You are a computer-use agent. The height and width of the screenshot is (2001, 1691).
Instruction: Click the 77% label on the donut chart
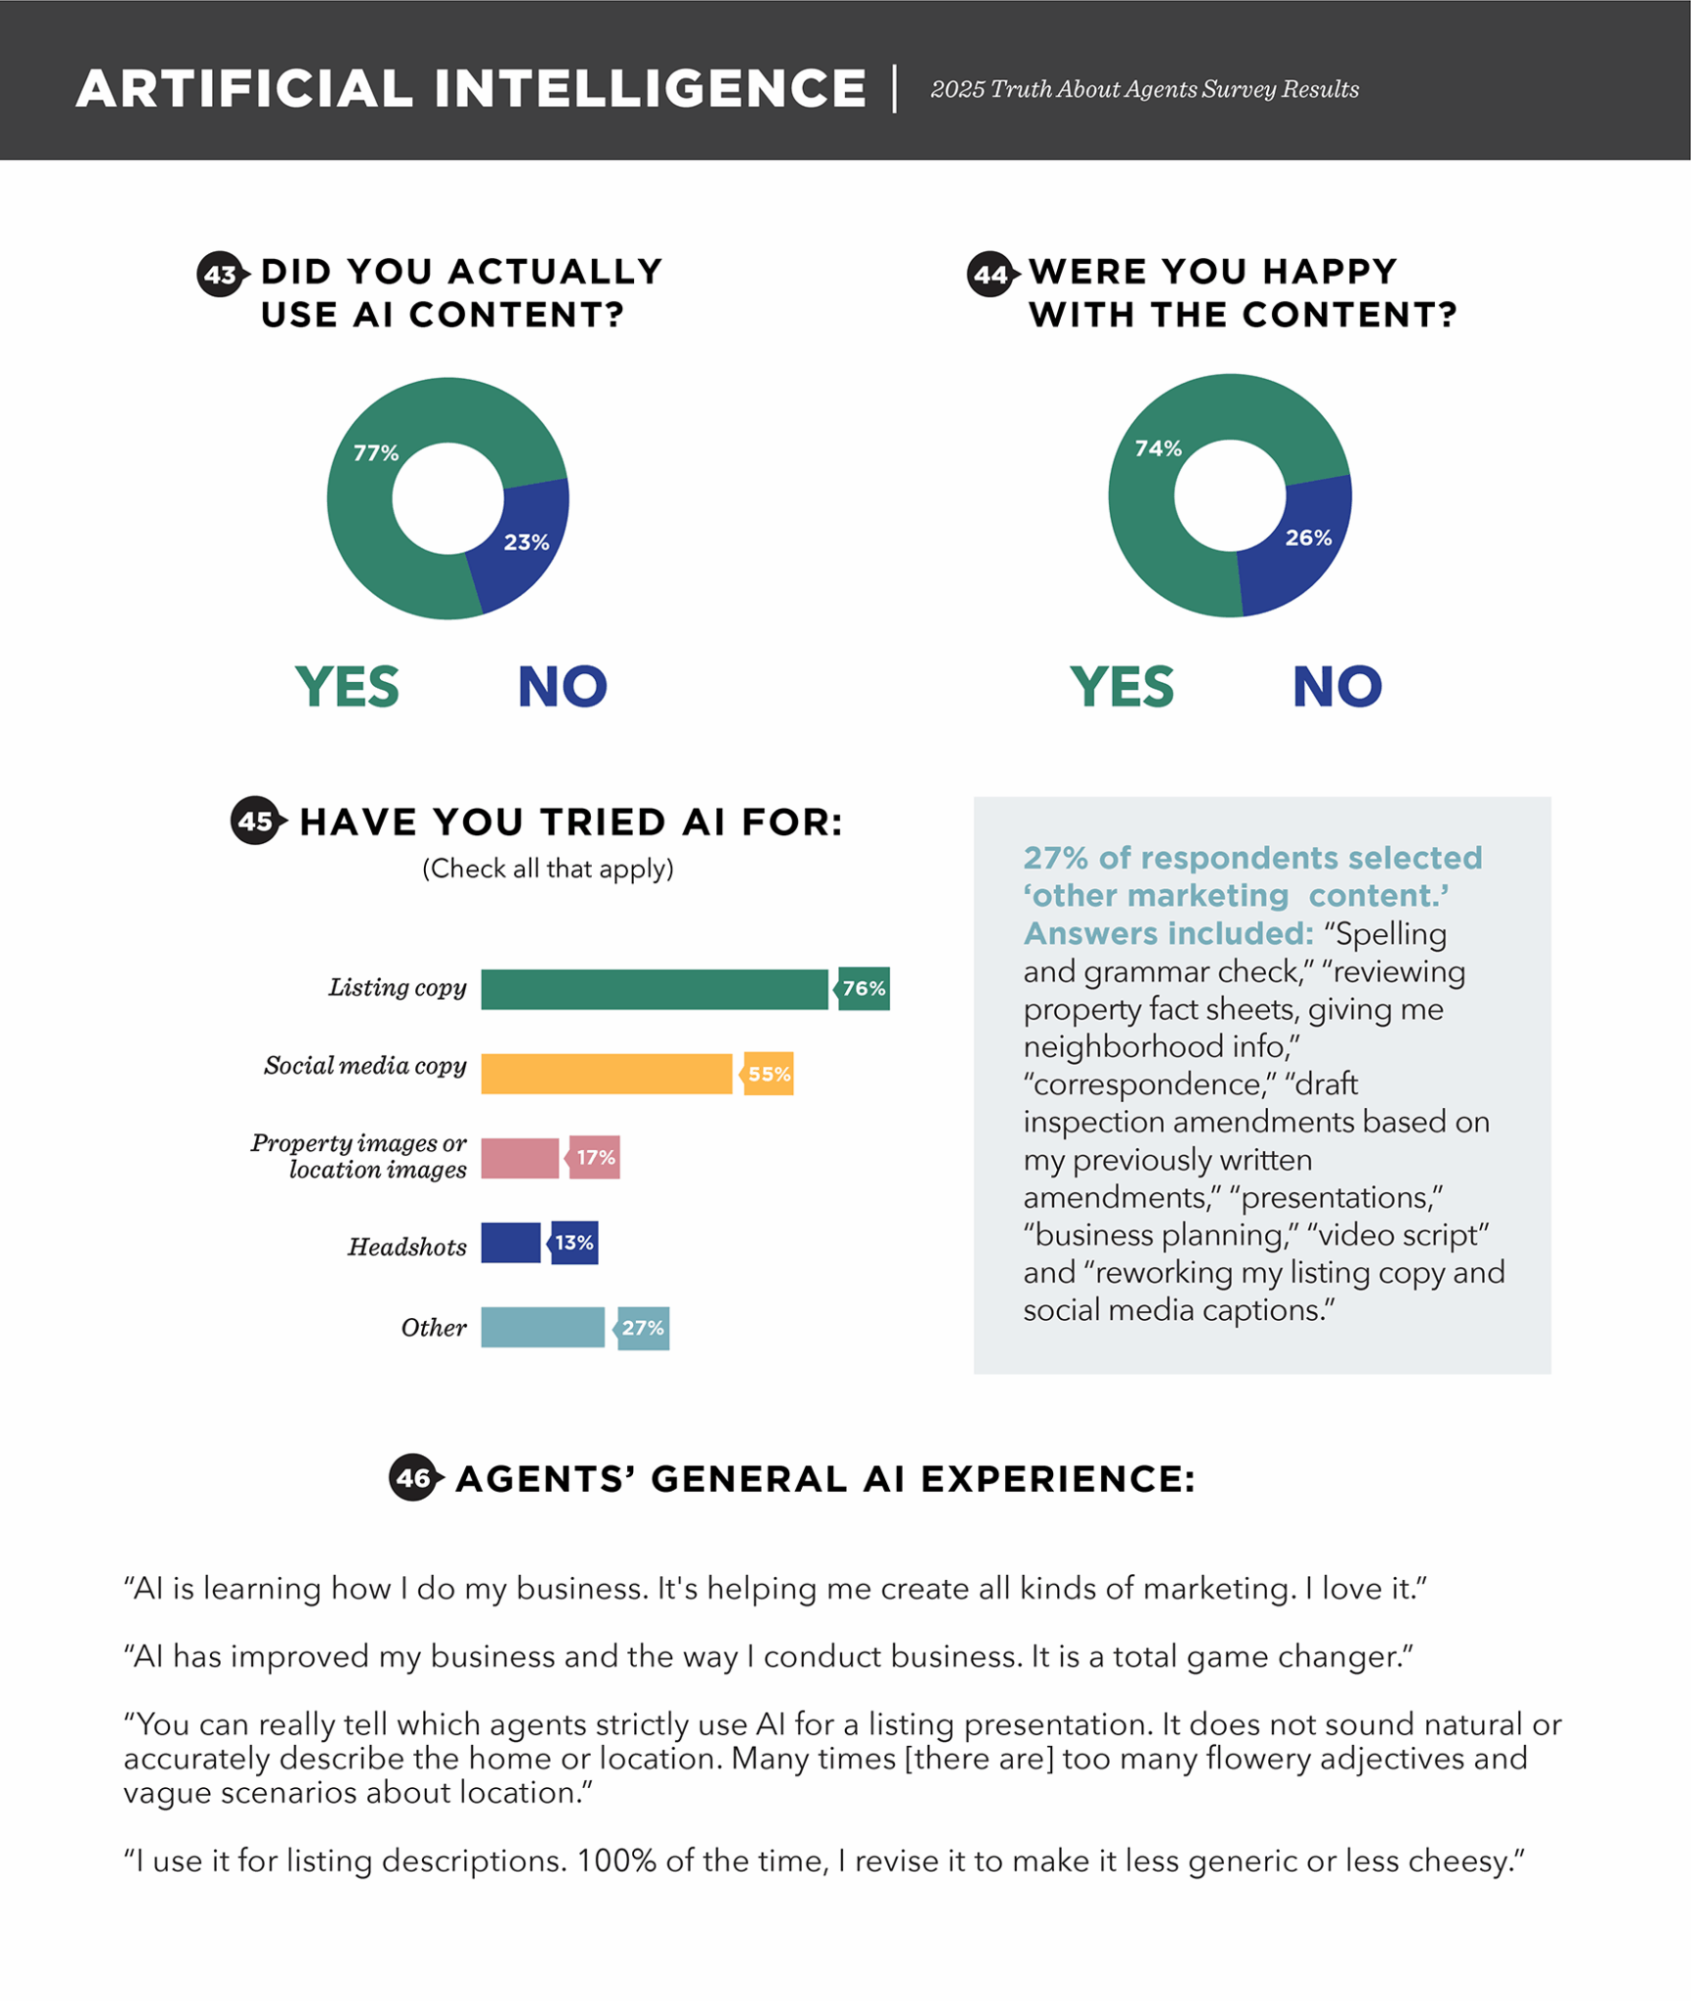click(x=376, y=453)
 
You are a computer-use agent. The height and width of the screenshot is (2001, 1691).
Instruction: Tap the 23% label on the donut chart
click(x=527, y=542)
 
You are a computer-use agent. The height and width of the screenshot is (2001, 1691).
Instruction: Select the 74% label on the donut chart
click(x=1158, y=448)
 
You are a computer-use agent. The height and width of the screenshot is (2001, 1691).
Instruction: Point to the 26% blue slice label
click(x=1308, y=538)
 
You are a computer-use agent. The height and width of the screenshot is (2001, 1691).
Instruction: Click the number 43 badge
click(x=221, y=275)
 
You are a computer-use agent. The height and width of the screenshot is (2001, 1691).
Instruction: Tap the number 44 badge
click(x=991, y=275)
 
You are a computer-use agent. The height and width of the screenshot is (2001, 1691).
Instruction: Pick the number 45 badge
click(x=256, y=821)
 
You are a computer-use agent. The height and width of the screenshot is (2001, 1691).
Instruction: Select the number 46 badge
click(x=413, y=1477)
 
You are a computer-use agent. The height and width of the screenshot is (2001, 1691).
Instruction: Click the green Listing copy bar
click(x=654, y=989)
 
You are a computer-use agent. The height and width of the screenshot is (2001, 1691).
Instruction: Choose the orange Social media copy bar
click(x=606, y=1074)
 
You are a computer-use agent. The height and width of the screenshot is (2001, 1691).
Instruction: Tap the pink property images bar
click(x=520, y=1158)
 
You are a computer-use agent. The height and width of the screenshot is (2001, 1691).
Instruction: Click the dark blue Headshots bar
click(x=510, y=1243)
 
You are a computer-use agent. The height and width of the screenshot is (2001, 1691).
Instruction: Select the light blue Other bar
click(x=542, y=1328)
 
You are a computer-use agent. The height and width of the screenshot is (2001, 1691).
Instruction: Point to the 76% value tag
click(x=865, y=989)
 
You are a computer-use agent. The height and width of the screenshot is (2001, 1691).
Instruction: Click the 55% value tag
click(x=769, y=1074)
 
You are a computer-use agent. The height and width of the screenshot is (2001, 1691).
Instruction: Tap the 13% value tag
click(x=574, y=1243)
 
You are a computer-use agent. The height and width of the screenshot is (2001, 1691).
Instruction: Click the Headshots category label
click(x=407, y=1247)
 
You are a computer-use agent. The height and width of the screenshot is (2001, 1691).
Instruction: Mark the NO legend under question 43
click(x=562, y=687)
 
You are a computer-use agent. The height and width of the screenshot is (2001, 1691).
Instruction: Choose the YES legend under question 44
click(x=1121, y=687)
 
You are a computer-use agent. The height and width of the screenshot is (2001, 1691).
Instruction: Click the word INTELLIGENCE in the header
click(x=650, y=89)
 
